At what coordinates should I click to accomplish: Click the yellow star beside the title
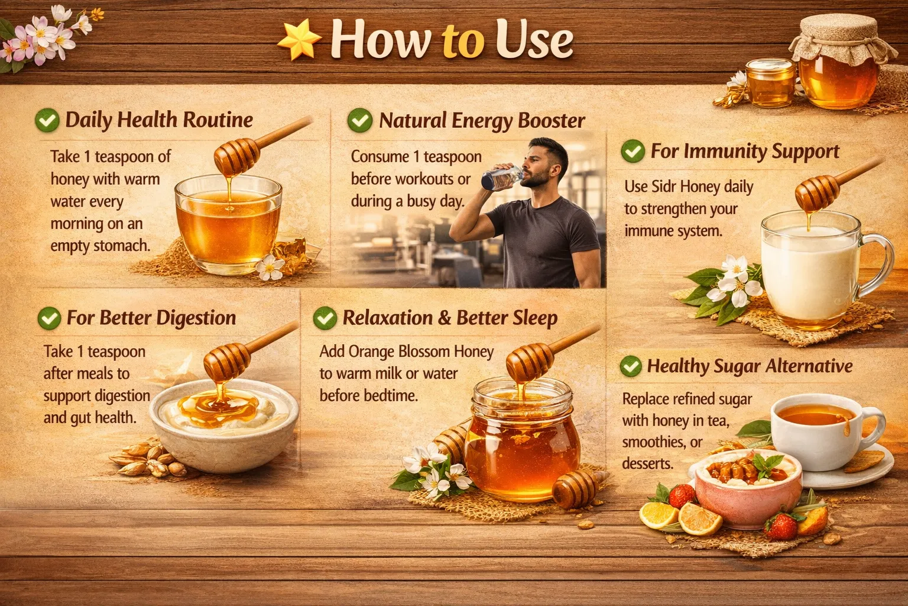(299, 41)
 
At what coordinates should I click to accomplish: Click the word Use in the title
(534, 40)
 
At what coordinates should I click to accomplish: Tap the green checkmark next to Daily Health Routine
(47, 120)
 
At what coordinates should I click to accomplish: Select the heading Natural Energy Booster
(481, 120)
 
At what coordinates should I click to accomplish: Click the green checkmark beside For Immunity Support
(633, 151)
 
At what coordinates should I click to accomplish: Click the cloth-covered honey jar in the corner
(839, 65)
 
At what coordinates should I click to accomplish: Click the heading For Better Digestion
(151, 318)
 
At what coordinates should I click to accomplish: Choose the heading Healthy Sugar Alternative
(750, 366)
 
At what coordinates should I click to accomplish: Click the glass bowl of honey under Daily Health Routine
(228, 225)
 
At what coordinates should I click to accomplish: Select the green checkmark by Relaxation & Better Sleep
(325, 318)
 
